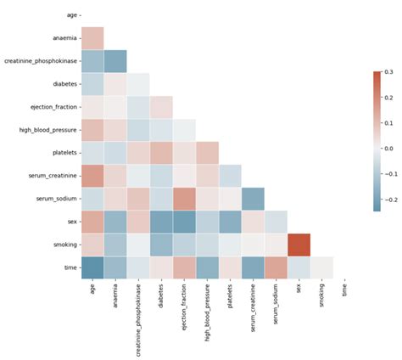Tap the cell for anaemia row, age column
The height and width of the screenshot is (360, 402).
point(92,37)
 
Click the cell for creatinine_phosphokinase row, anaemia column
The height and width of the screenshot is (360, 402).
point(115,60)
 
